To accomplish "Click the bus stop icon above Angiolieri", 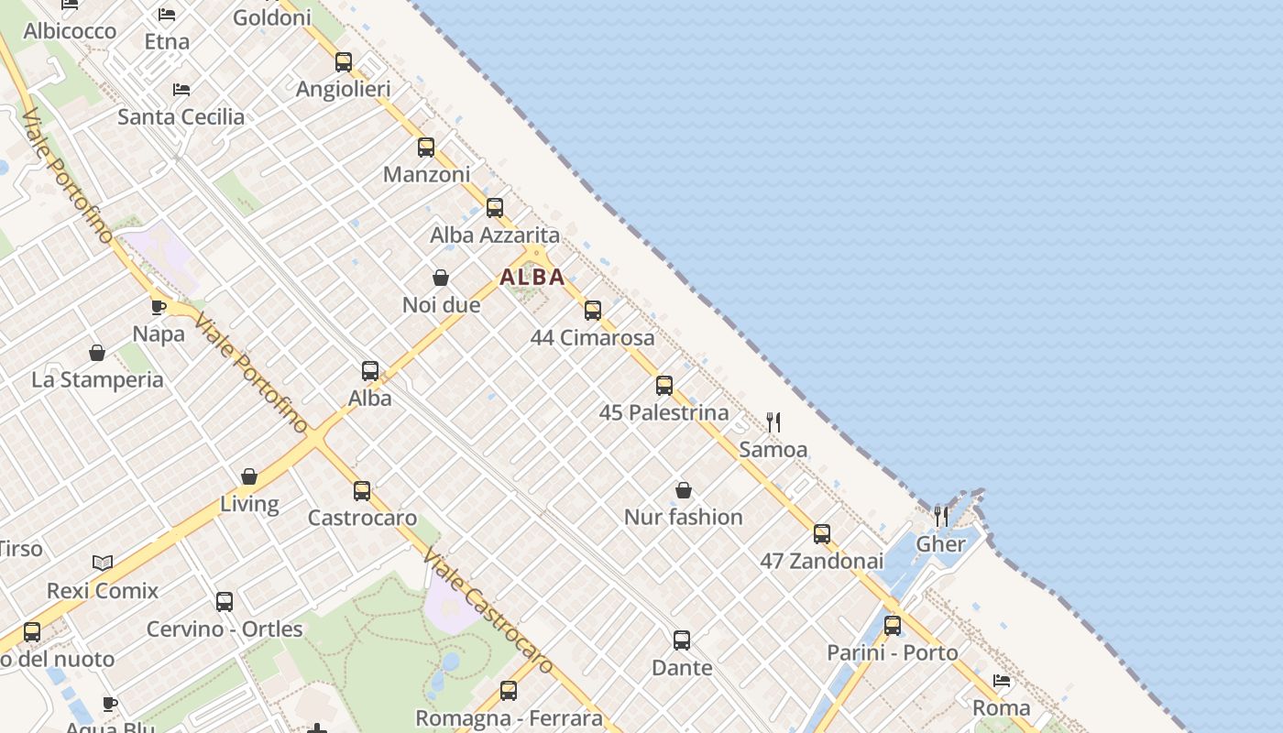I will [344, 62].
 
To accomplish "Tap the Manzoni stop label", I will [426, 174].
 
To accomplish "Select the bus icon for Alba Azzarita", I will [495, 208].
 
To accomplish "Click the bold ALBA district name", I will [532, 277].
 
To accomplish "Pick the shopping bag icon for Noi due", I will [441, 278].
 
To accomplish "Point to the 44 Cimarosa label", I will [593, 337].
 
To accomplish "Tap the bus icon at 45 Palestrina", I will [664, 386].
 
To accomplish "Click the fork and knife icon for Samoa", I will [773, 422].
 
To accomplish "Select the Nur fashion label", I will [683, 517].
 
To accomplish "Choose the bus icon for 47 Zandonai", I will [822, 534].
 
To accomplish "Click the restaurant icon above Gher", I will [940, 516].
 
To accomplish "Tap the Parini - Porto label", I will [892, 652].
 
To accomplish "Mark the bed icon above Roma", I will [1002, 681].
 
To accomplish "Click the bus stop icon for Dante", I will [682, 640].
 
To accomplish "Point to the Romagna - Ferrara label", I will [509, 717].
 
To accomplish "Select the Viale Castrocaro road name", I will [488, 608].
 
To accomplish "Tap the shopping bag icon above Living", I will [249, 476].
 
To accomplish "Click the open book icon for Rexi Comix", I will [103, 563].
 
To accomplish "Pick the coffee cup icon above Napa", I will [159, 307].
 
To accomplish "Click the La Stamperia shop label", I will [97, 379].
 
